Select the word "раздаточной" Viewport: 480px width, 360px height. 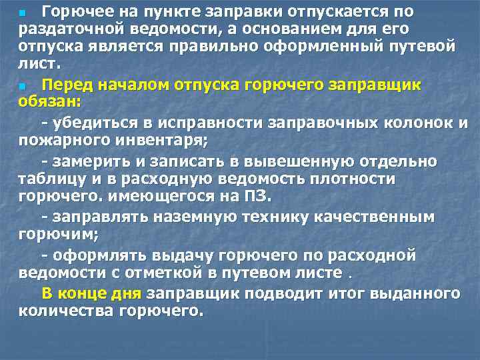[60, 30]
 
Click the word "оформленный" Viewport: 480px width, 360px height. [334, 48]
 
